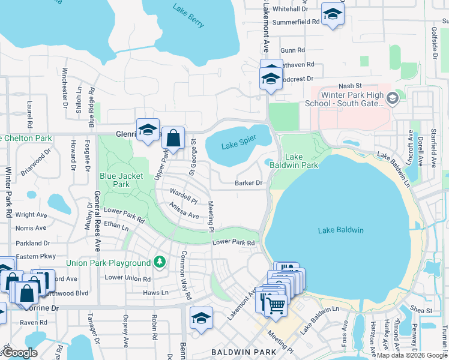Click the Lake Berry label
(x=188, y=17)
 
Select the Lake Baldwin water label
(x=341, y=230)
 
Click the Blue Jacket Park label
(x=115, y=181)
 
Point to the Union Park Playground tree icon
(x=159, y=262)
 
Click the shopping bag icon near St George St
(x=173, y=138)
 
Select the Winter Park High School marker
(x=393, y=98)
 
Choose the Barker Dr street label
(x=249, y=183)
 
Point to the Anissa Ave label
(x=184, y=212)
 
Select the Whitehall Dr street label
(x=290, y=10)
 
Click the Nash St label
(x=347, y=86)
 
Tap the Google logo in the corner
(x=20, y=353)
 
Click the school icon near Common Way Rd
(x=202, y=317)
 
